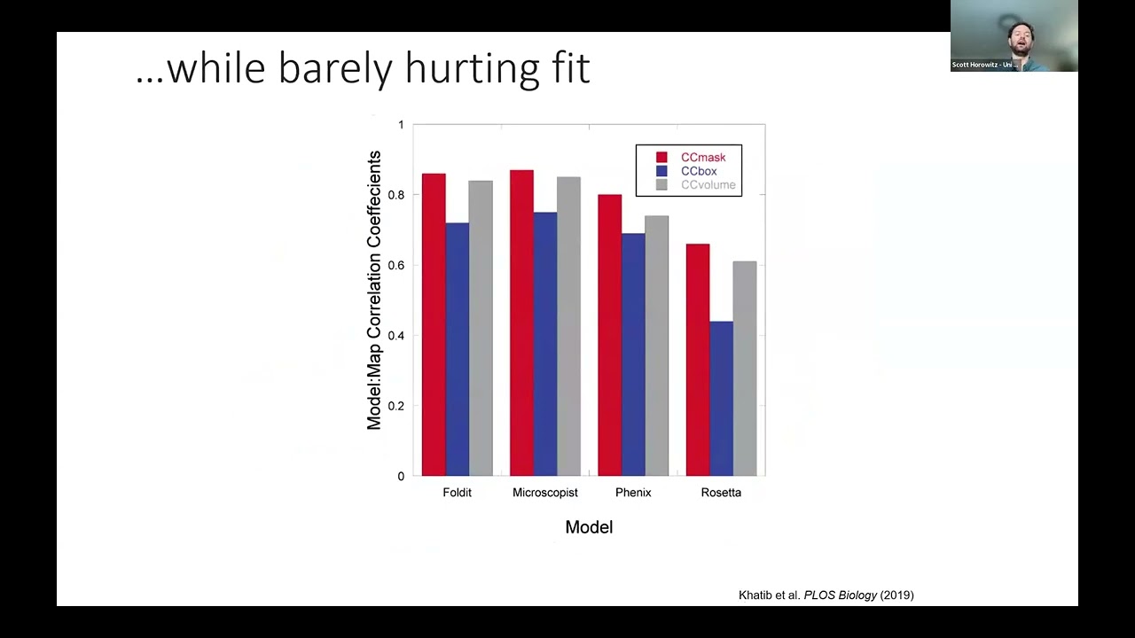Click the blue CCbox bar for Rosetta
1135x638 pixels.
pyautogui.click(x=721, y=398)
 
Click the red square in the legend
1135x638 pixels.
pyautogui.click(x=661, y=158)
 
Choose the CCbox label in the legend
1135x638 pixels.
pyautogui.click(x=699, y=171)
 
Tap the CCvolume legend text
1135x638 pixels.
pyautogui.click(x=708, y=185)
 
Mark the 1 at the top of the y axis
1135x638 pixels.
pyautogui.click(x=401, y=125)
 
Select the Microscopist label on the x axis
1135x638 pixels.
pyautogui.click(x=544, y=493)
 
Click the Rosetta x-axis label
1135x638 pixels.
pyautogui.click(x=720, y=493)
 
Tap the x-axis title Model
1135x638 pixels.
pyautogui.click(x=589, y=527)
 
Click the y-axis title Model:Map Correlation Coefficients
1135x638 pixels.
pyautogui.click(x=374, y=291)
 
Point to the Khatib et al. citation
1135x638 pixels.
pyautogui.click(x=826, y=595)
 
